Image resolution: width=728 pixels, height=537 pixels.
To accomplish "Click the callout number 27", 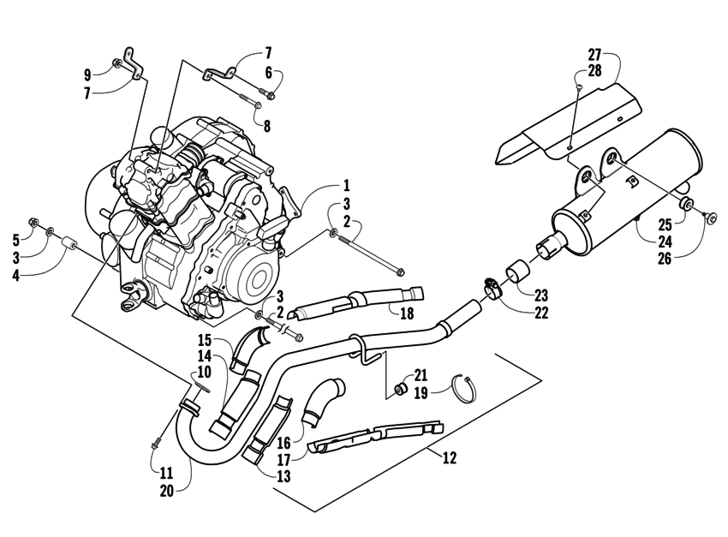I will point(594,54).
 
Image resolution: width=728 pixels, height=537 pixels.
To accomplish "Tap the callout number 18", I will point(407,313).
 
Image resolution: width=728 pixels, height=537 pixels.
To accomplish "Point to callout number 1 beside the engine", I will point(346,185).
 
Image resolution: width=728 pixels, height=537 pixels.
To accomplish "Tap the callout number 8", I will point(267,126).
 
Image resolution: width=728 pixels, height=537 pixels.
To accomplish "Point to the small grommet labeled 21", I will point(399,391).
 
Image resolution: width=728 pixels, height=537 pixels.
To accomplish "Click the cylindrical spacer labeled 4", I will point(69,249).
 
